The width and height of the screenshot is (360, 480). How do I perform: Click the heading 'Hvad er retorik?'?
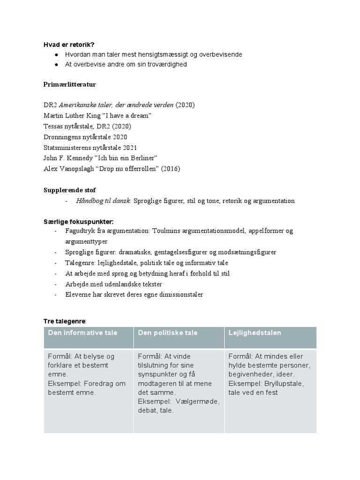pyautogui.click(x=69, y=45)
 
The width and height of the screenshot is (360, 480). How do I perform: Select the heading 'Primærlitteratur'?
pyautogui.click(x=70, y=84)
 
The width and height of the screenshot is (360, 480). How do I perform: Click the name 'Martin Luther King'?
pyautogui.click(x=70, y=115)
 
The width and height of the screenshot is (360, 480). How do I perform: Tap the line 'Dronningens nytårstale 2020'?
pyautogui.click(x=85, y=136)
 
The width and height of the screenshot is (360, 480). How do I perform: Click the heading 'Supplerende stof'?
pyautogui.click(x=69, y=190)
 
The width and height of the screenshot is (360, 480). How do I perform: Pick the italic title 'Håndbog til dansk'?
pyautogui.click(x=103, y=201)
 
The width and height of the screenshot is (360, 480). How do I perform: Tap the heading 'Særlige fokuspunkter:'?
pyautogui.click(x=78, y=221)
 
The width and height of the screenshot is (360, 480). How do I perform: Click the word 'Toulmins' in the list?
pyautogui.click(x=160, y=231)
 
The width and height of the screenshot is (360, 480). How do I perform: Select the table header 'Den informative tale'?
pyautogui.click(x=83, y=333)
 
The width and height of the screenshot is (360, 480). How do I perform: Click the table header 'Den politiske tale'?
pyautogui.click(x=168, y=333)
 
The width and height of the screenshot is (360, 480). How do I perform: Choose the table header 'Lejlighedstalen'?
pyautogui.click(x=255, y=333)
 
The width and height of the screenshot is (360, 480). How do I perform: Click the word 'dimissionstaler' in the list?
pyautogui.click(x=180, y=294)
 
